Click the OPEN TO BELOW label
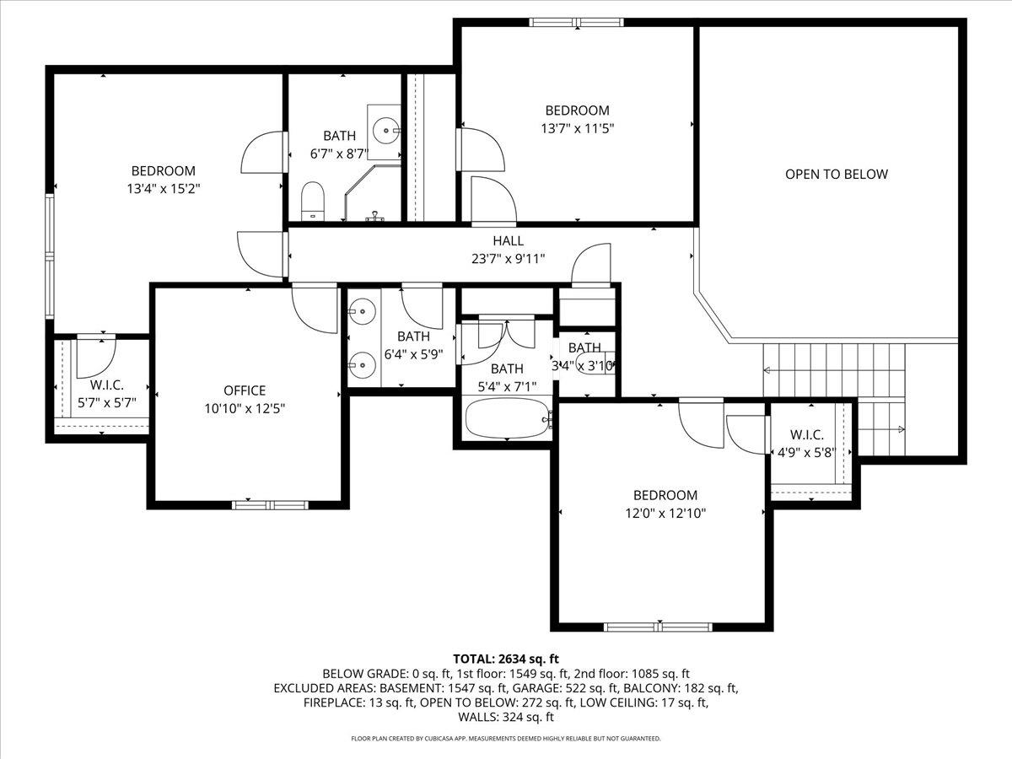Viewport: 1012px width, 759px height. tap(836, 175)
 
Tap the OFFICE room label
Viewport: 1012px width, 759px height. tap(245, 390)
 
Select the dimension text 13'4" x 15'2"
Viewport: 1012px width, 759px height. tap(163, 189)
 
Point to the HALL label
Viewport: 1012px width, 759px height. tap(508, 241)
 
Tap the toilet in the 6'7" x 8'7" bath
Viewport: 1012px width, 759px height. tap(313, 200)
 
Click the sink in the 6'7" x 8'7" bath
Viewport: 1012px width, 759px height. tap(387, 130)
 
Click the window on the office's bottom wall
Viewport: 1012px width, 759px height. tap(271, 505)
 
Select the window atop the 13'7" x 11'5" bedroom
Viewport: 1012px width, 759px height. tap(577, 23)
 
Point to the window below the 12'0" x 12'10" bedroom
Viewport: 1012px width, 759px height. tap(659, 627)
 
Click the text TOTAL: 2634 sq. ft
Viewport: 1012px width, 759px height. tap(506, 659)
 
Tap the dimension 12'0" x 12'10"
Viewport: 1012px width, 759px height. tap(665, 513)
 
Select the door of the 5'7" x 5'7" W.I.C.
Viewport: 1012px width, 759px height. tap(93, 357)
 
